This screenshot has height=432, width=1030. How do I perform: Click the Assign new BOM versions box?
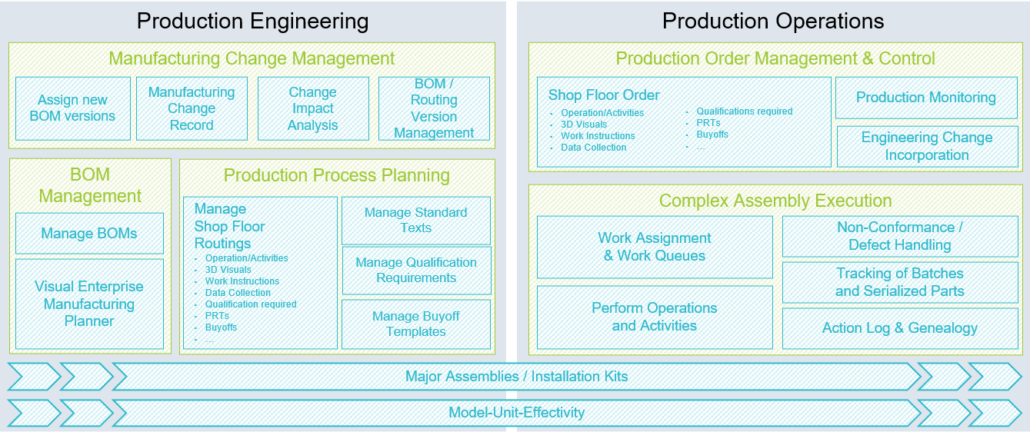(x=72, y=108)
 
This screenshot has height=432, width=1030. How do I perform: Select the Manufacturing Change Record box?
(x=192, y=108)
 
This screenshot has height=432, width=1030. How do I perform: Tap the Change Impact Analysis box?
(x=312, y=108)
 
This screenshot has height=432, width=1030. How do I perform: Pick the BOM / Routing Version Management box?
(x=434, y=108)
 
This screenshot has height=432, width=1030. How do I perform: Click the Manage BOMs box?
(x=89, y=234)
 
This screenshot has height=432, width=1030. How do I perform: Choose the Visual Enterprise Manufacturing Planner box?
(x=89, y=304)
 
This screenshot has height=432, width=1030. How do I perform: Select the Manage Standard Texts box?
(x=415, y=220)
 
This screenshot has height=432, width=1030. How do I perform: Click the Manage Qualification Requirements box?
(x=416, y=270)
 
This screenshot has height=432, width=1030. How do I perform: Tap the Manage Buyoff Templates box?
(x=416, y=324)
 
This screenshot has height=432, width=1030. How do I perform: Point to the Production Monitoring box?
(x=926, y=98)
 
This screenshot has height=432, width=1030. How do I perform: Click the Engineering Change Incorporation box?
(x=927, y=146)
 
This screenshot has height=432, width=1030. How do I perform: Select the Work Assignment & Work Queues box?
(x=655, y=247)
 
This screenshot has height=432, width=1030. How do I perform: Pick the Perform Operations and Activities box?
(x=655, y=317)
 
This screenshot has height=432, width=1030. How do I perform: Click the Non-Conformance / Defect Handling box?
(x=900, y=236)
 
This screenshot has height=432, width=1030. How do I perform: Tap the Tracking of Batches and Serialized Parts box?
(x=900, y=282)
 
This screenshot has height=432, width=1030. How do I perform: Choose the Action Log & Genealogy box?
(x=900, y=328)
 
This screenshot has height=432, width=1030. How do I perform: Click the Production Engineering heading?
(x=252, y=21)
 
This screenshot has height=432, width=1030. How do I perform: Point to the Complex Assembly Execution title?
(x=775, y=201)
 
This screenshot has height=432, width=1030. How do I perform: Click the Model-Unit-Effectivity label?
(x=516, y=413)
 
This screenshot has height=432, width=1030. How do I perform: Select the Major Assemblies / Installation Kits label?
(x=516, y=377)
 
